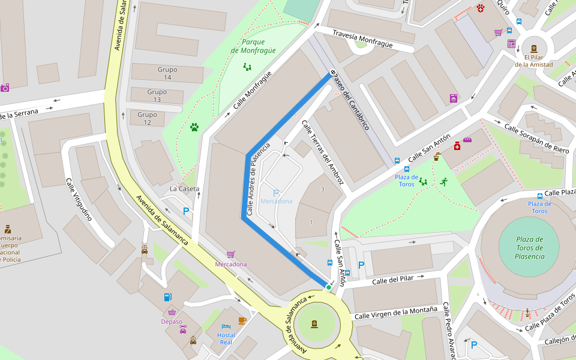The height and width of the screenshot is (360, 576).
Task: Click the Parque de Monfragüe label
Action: coord(253,46)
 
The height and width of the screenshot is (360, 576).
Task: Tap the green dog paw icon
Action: coord(194,127)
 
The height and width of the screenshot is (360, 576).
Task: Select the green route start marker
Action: coord(329,287)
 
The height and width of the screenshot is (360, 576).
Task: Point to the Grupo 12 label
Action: coord(147,118)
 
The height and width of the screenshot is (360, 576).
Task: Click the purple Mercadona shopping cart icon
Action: coord(231,254)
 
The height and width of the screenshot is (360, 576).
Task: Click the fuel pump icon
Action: coord(167,296)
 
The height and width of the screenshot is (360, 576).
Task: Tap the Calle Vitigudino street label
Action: coord(79,199)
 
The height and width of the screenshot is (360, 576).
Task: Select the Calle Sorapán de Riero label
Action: coord(536,139)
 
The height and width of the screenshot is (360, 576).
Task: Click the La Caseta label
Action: coord(184,188)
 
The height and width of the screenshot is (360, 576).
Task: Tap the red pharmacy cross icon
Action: coord(457,146)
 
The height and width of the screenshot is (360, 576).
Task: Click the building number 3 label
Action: coord(322,190)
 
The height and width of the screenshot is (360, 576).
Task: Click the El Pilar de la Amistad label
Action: coord(533,61)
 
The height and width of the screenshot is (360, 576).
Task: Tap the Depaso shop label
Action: coord(172,322)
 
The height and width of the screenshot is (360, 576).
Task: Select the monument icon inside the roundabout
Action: coord(314,324)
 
